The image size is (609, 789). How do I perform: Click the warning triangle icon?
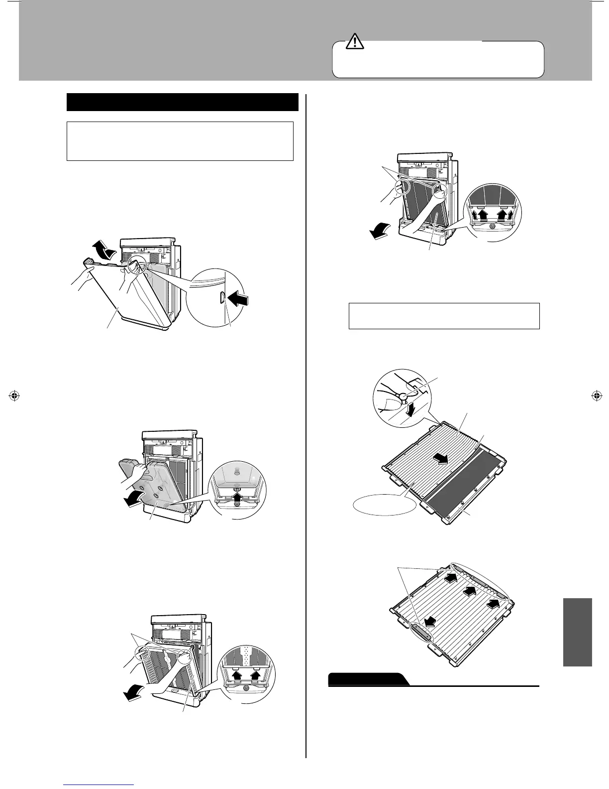(x=355, y=42)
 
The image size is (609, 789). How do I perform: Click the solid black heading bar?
(x=182, y=102)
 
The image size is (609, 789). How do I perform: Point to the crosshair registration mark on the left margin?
(x=14, y=396)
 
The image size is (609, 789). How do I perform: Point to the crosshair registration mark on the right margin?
(x=595, y=396)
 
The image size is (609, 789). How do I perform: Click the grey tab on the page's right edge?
(x=578, y=632)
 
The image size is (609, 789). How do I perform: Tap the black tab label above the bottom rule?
(x=368, y=679)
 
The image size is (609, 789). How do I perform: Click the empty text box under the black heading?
(x=180, y=141)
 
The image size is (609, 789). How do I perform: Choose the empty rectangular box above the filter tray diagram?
(x=444, y=316)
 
